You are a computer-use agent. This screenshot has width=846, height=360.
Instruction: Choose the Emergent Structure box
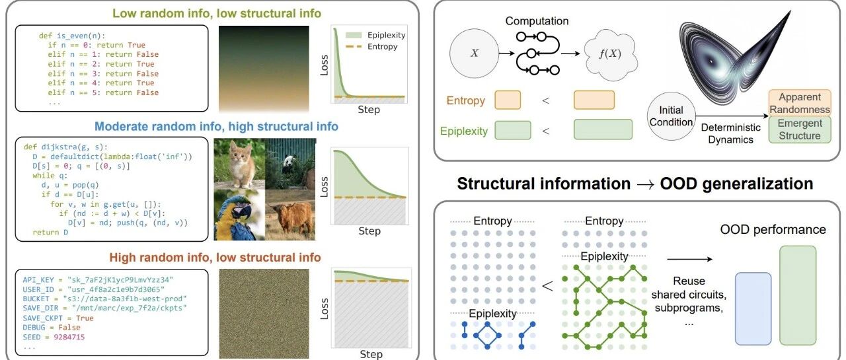(x=799, y=129)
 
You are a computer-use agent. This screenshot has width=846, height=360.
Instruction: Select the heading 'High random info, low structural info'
(x=215, y=257)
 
